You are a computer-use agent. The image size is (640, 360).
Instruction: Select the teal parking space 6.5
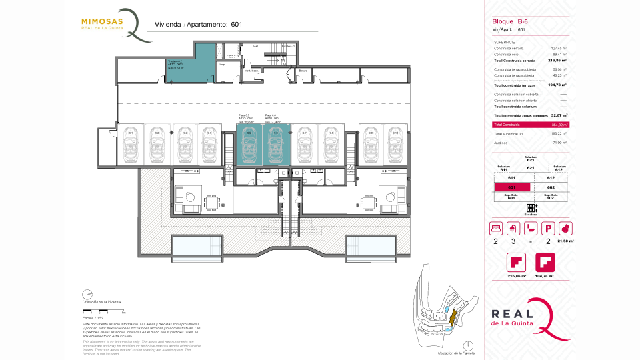pos(249,143)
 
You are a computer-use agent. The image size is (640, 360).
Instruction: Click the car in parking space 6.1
pos(131,145)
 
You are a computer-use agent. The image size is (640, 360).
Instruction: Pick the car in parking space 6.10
pos(395,145)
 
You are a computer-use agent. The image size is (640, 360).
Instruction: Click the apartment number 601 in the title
pos(236,25)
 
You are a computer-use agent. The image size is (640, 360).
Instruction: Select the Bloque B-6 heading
pos(506,21)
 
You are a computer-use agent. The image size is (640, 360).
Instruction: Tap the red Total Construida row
pos(530,125)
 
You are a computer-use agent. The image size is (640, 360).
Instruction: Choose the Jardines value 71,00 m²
pos(559,143)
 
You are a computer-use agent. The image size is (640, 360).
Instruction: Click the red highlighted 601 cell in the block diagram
pos(511,188)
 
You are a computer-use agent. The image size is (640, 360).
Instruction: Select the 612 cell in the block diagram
pos(551,179)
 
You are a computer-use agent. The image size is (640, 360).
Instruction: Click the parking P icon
pos(550,228)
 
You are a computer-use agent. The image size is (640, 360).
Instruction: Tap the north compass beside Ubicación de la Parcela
pos(470,345)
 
